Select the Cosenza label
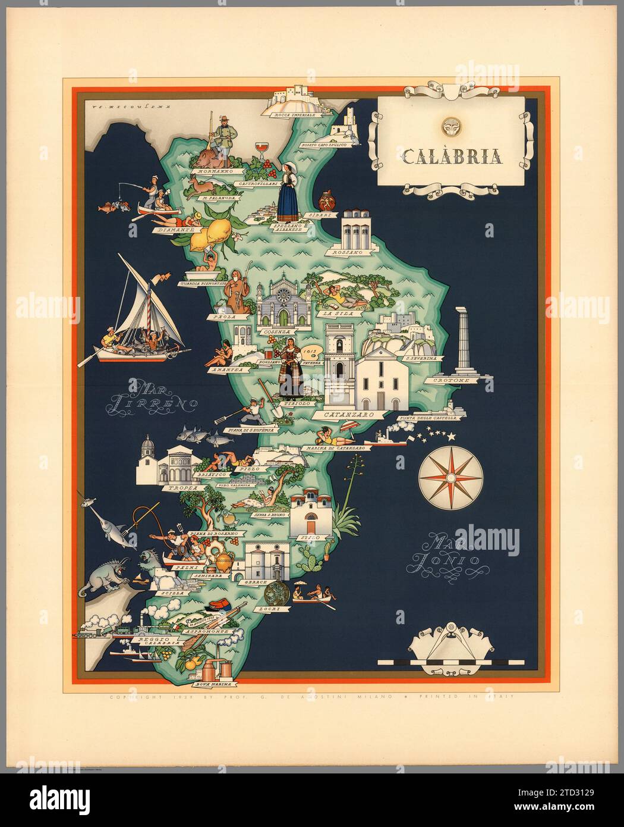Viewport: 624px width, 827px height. click(x=278, y=331)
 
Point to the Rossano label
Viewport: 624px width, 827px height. click(x=348, y=252)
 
